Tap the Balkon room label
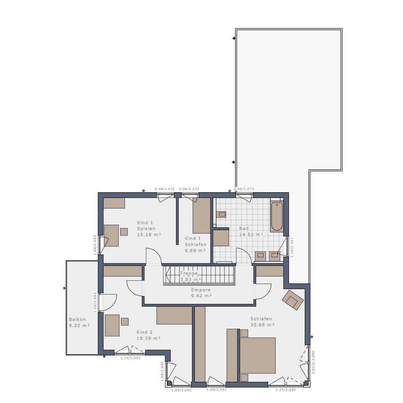point(79,322)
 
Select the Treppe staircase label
point(191,276)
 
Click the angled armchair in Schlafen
point(292,300)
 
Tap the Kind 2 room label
point(149,335)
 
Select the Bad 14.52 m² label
point(251,231)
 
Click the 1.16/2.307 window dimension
point(292,247)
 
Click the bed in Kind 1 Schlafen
point(201,215)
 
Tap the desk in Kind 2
point(112,325)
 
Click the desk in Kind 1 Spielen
point(111,235)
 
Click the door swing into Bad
point(244,256)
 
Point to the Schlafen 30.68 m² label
point(262,322)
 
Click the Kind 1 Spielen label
point(149,228)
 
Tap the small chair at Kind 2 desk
point(125,322)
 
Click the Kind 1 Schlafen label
point(196,244)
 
